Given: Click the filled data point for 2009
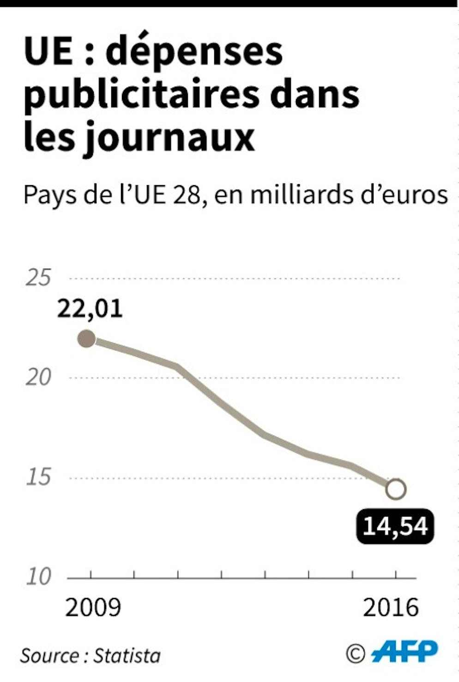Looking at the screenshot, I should click(x=86, y=339).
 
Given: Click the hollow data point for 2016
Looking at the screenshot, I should click(x=396, y=489).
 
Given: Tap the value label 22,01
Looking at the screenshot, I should click(x=90, y=309).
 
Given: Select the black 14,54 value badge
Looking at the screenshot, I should click(x=395, y=526).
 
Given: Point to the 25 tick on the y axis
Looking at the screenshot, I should click(x=38, y=278).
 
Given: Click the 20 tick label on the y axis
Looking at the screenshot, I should click(x=38, y=378).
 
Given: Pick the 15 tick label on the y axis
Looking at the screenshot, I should click(x=38, y=477).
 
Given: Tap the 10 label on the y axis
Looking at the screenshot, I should click(x=38, y=577).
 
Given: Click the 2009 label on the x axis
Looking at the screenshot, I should click(x=93, y=608).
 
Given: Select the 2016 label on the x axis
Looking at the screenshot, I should click(x=391, y=608).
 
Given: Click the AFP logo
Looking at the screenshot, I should click(x=405, y=652).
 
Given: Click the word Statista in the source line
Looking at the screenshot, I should click(x=127, y=656).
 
